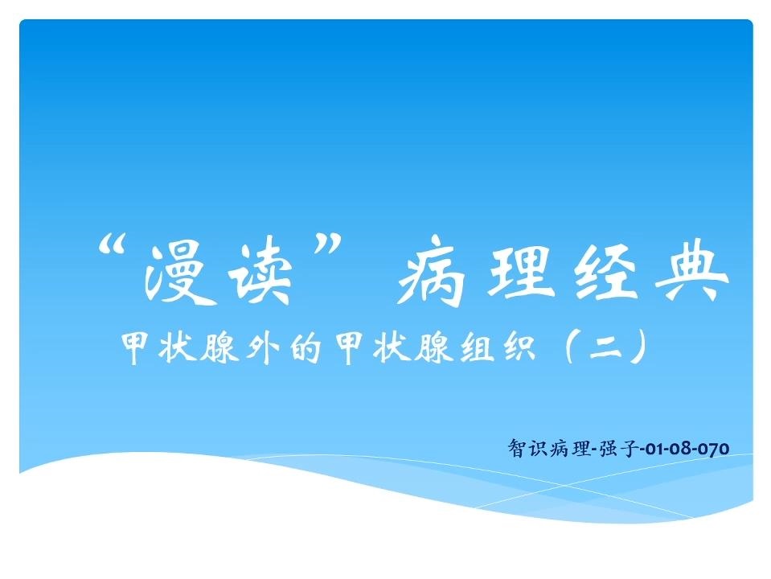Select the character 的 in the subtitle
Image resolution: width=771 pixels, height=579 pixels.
tap(305, 347)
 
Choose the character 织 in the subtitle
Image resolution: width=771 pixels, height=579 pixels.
tap(519, 347)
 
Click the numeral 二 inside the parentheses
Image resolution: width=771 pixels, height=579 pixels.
tap(606, 348)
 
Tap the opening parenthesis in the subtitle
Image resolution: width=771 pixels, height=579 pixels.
tap(570, 347)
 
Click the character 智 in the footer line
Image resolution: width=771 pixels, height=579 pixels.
tap(517, 448)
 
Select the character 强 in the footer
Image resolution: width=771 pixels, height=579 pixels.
tap(609, 448)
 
